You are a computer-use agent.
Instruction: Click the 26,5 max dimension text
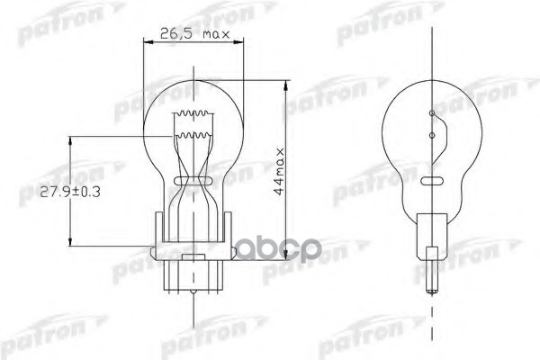(x=194, y=33)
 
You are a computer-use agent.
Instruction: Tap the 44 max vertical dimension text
(x=279, y=172)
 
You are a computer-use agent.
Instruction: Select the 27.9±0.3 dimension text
(x=70, y=192)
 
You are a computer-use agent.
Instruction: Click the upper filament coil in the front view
(x=193, y=113)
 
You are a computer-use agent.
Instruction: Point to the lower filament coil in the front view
(x=193, y=135)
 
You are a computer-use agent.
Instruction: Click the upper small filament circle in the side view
(x=432, y=113)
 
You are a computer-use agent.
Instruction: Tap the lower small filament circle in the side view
(x=432, y=135)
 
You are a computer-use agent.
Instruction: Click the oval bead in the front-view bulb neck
(x=193, y=181)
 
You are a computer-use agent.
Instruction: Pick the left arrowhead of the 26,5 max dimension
(x=148, y=42)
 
